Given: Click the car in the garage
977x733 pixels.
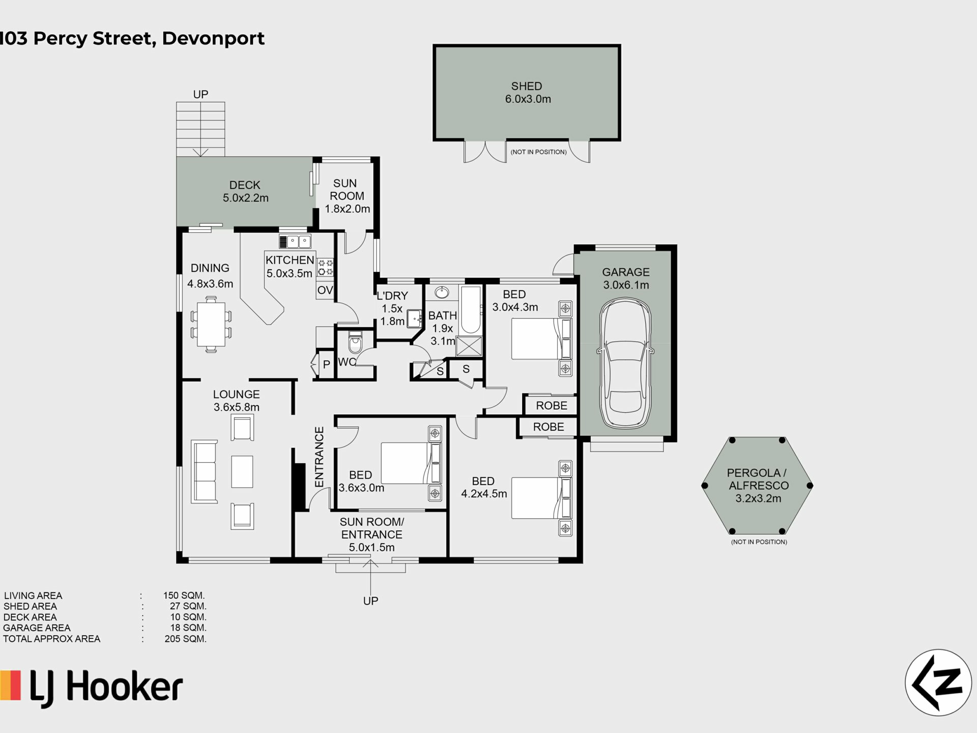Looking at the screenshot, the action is [625, 363].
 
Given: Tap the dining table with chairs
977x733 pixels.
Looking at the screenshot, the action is [211, 324].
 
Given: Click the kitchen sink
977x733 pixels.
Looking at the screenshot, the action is [295, 241].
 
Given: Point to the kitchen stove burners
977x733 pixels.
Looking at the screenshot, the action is [325, 267].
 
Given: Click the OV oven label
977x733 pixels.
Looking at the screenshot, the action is [325, 290].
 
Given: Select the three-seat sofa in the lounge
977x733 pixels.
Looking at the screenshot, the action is [204, 472].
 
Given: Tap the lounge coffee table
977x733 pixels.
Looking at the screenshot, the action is [242, 471].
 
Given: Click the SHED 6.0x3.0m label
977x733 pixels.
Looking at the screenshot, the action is [528, 93].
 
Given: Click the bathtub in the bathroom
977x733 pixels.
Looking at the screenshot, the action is [470, 310].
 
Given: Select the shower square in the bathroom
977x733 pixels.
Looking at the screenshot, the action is [469, 346].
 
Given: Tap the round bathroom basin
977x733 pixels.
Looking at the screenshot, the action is [442, 293].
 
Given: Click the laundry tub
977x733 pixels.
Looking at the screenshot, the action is [415, 319].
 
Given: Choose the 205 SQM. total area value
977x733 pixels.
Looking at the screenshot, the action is [185, 639].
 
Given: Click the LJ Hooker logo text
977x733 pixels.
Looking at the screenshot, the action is [106, 688].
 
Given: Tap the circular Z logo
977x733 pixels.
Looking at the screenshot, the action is [938, 683].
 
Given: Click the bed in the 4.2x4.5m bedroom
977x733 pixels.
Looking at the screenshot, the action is [541, 497].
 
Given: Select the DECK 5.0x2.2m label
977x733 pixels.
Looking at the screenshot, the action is [245, 191].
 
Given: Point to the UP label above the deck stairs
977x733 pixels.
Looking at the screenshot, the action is [200, 94].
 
